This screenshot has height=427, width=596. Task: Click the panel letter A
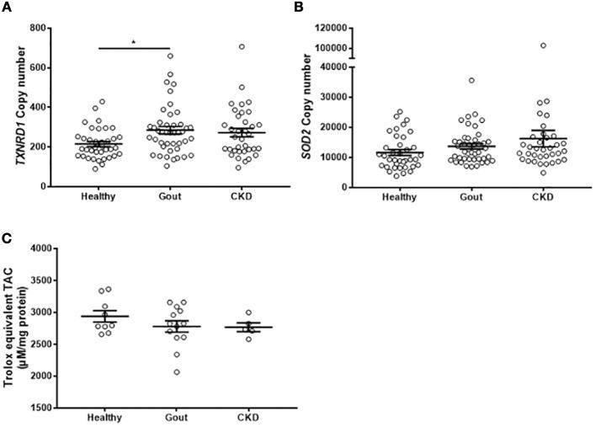[x=6, y=8]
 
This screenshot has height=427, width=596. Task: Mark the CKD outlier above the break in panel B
[x=543, y=45]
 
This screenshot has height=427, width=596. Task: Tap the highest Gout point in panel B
[x=471, y=81]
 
